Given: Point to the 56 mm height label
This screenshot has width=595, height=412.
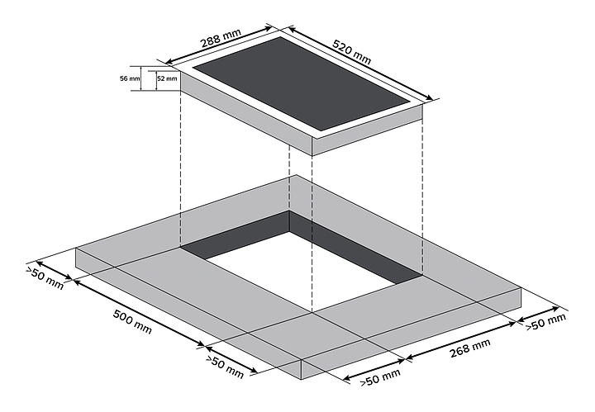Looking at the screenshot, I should point(129,78).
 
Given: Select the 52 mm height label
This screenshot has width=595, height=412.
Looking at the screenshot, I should point(167,78).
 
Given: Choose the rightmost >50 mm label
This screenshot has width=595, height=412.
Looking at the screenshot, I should point(548,322).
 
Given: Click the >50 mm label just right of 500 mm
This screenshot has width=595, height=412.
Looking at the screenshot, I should point(226,367).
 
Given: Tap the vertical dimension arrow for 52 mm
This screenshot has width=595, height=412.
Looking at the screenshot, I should point(154,79).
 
